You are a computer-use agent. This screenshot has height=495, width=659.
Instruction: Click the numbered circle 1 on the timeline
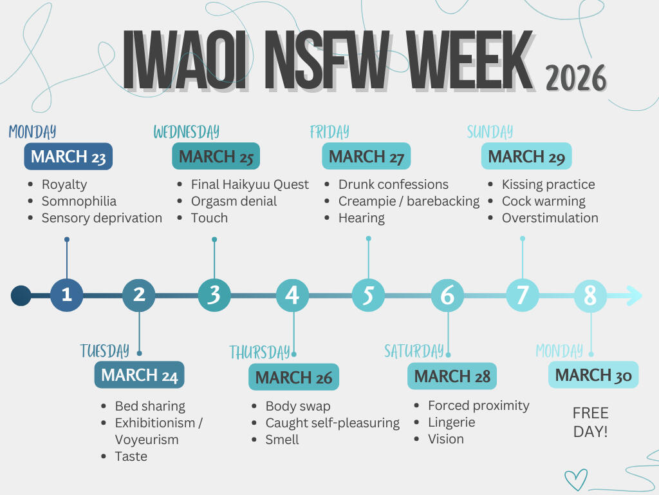pyautogui.click(x=66, y=295)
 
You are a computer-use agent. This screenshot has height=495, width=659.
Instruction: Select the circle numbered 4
pyautogui.click(x=293, y=295)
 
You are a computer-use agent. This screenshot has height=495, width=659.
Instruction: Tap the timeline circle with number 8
pyautogui.click(x=591, y=295)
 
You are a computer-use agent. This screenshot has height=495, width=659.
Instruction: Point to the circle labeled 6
pyautogui.click(x=448, y=295)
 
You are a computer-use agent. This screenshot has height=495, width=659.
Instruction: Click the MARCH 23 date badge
pyautogui.click(x=68, y=157)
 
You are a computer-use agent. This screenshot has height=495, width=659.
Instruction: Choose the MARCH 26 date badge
pyautogui.click(x=293, y=377)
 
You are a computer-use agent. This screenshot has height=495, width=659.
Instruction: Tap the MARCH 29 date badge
pyautogui.click(x=526, y=156)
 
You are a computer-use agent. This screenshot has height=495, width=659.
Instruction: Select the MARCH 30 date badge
pyautogui.click(x=593, y=374)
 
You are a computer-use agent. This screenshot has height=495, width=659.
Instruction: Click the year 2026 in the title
pyautogui.click(x=576, y=78)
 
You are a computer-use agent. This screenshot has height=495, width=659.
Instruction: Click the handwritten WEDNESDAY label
pyautogui.click(x=186, y=131)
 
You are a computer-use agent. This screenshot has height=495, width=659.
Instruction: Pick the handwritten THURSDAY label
pyautogui.click(x=260, y=352)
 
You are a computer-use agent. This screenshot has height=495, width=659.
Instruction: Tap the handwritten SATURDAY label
pyautogui.click(x=414, y=351)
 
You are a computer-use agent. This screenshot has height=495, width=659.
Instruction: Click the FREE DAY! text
pyautogui.click(x=591, y=422)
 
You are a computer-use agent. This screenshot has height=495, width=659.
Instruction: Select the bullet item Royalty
pyautogui.click(x=64, y=184)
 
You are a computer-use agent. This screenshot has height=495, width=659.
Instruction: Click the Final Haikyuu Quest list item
pyautogui.click(x=250, y=184)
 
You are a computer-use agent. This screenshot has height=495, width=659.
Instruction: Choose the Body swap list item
pyautogui.click(x=298, y=406)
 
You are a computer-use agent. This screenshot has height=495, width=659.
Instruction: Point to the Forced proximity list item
pyautogui.click(x=479, y=405)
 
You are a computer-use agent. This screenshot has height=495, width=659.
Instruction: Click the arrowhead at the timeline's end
pyautogui.click(x=634, y=295)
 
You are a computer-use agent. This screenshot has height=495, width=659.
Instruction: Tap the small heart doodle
pyautogui.click(x=575, y=480)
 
